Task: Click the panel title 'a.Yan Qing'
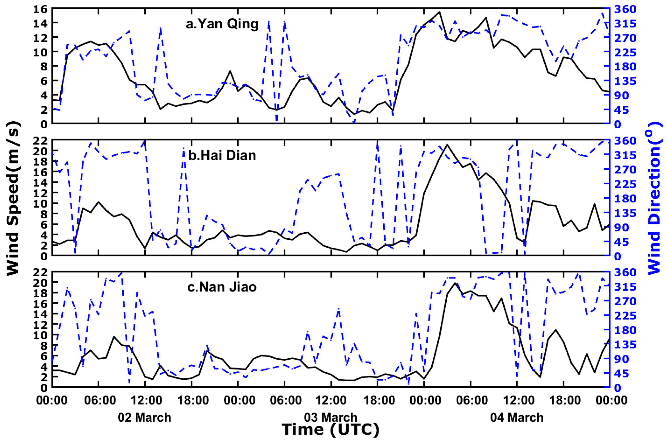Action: click(x=222, y=24)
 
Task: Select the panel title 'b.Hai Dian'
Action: click(x=222, y=156)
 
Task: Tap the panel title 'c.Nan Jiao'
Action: click(x=222, y=287)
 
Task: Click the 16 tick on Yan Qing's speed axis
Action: click(x=41, y=8)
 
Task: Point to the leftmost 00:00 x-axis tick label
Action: click(x=52, y=401)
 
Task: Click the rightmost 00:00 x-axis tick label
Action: click(x=609, y=401)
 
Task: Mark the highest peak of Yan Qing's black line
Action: click(x=439, y=12)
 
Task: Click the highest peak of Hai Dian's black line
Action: click(x=447, y=145)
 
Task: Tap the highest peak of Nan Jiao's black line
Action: click(x=455, y=283)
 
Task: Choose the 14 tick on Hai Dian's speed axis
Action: click(x=41, y=182)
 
